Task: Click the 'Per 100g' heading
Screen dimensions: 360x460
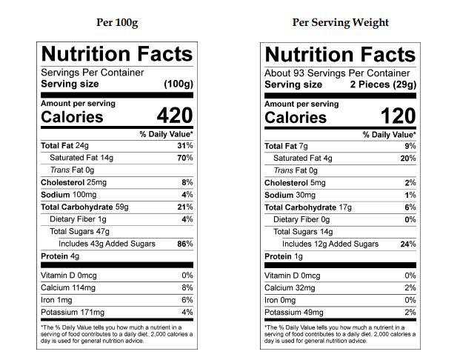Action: pyautogui.click(x=117, y=22)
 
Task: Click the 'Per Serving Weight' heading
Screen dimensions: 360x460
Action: pyautogui.click(x=341, y=22)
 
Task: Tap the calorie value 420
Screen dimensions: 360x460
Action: pyautogui.click(x=174, y=116)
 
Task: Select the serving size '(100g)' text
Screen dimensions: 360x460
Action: pyautogui.click(x=178, y=84)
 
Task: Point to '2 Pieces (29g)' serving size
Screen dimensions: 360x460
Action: pyautogui.click(x=383, y=84)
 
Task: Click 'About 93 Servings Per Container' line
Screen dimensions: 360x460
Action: pyautogui.click(x=337, y=73)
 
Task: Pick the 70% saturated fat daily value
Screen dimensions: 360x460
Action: pyautogui.click(x=185, y=158)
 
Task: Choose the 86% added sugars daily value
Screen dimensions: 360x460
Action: pyautogui.click(x=185, y=244)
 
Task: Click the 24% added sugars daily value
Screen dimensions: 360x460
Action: pyautogui.click(x=408, y=244)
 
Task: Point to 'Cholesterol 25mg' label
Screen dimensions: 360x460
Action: pyautogui.click(x=73, y=182)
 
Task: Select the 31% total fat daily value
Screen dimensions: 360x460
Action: pyautogui.click(x=185, y=146)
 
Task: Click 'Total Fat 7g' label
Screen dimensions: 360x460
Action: pyautogui.click(x=284, y=146)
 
